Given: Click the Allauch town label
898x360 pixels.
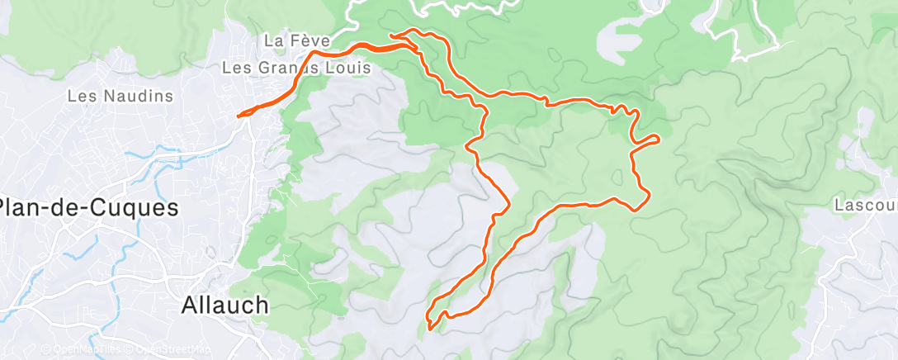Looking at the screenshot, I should coord(224,306).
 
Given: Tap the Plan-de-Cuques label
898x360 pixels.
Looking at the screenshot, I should coord(89,208).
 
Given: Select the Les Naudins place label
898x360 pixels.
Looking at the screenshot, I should coord(120,97).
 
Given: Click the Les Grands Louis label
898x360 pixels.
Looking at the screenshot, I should coord(297,68).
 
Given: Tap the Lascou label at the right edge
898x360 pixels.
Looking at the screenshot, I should coord(866,204).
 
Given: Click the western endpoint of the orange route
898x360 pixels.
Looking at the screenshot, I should coord(239,116).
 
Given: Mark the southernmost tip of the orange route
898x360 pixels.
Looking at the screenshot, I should coord(430,329).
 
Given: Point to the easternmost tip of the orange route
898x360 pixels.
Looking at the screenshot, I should coord(658,137).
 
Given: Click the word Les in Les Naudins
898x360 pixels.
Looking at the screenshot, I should coord(80,97).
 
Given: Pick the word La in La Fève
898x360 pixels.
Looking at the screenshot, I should coord(273,40).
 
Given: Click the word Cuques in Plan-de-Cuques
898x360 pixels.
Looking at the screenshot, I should coord(135,208).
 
